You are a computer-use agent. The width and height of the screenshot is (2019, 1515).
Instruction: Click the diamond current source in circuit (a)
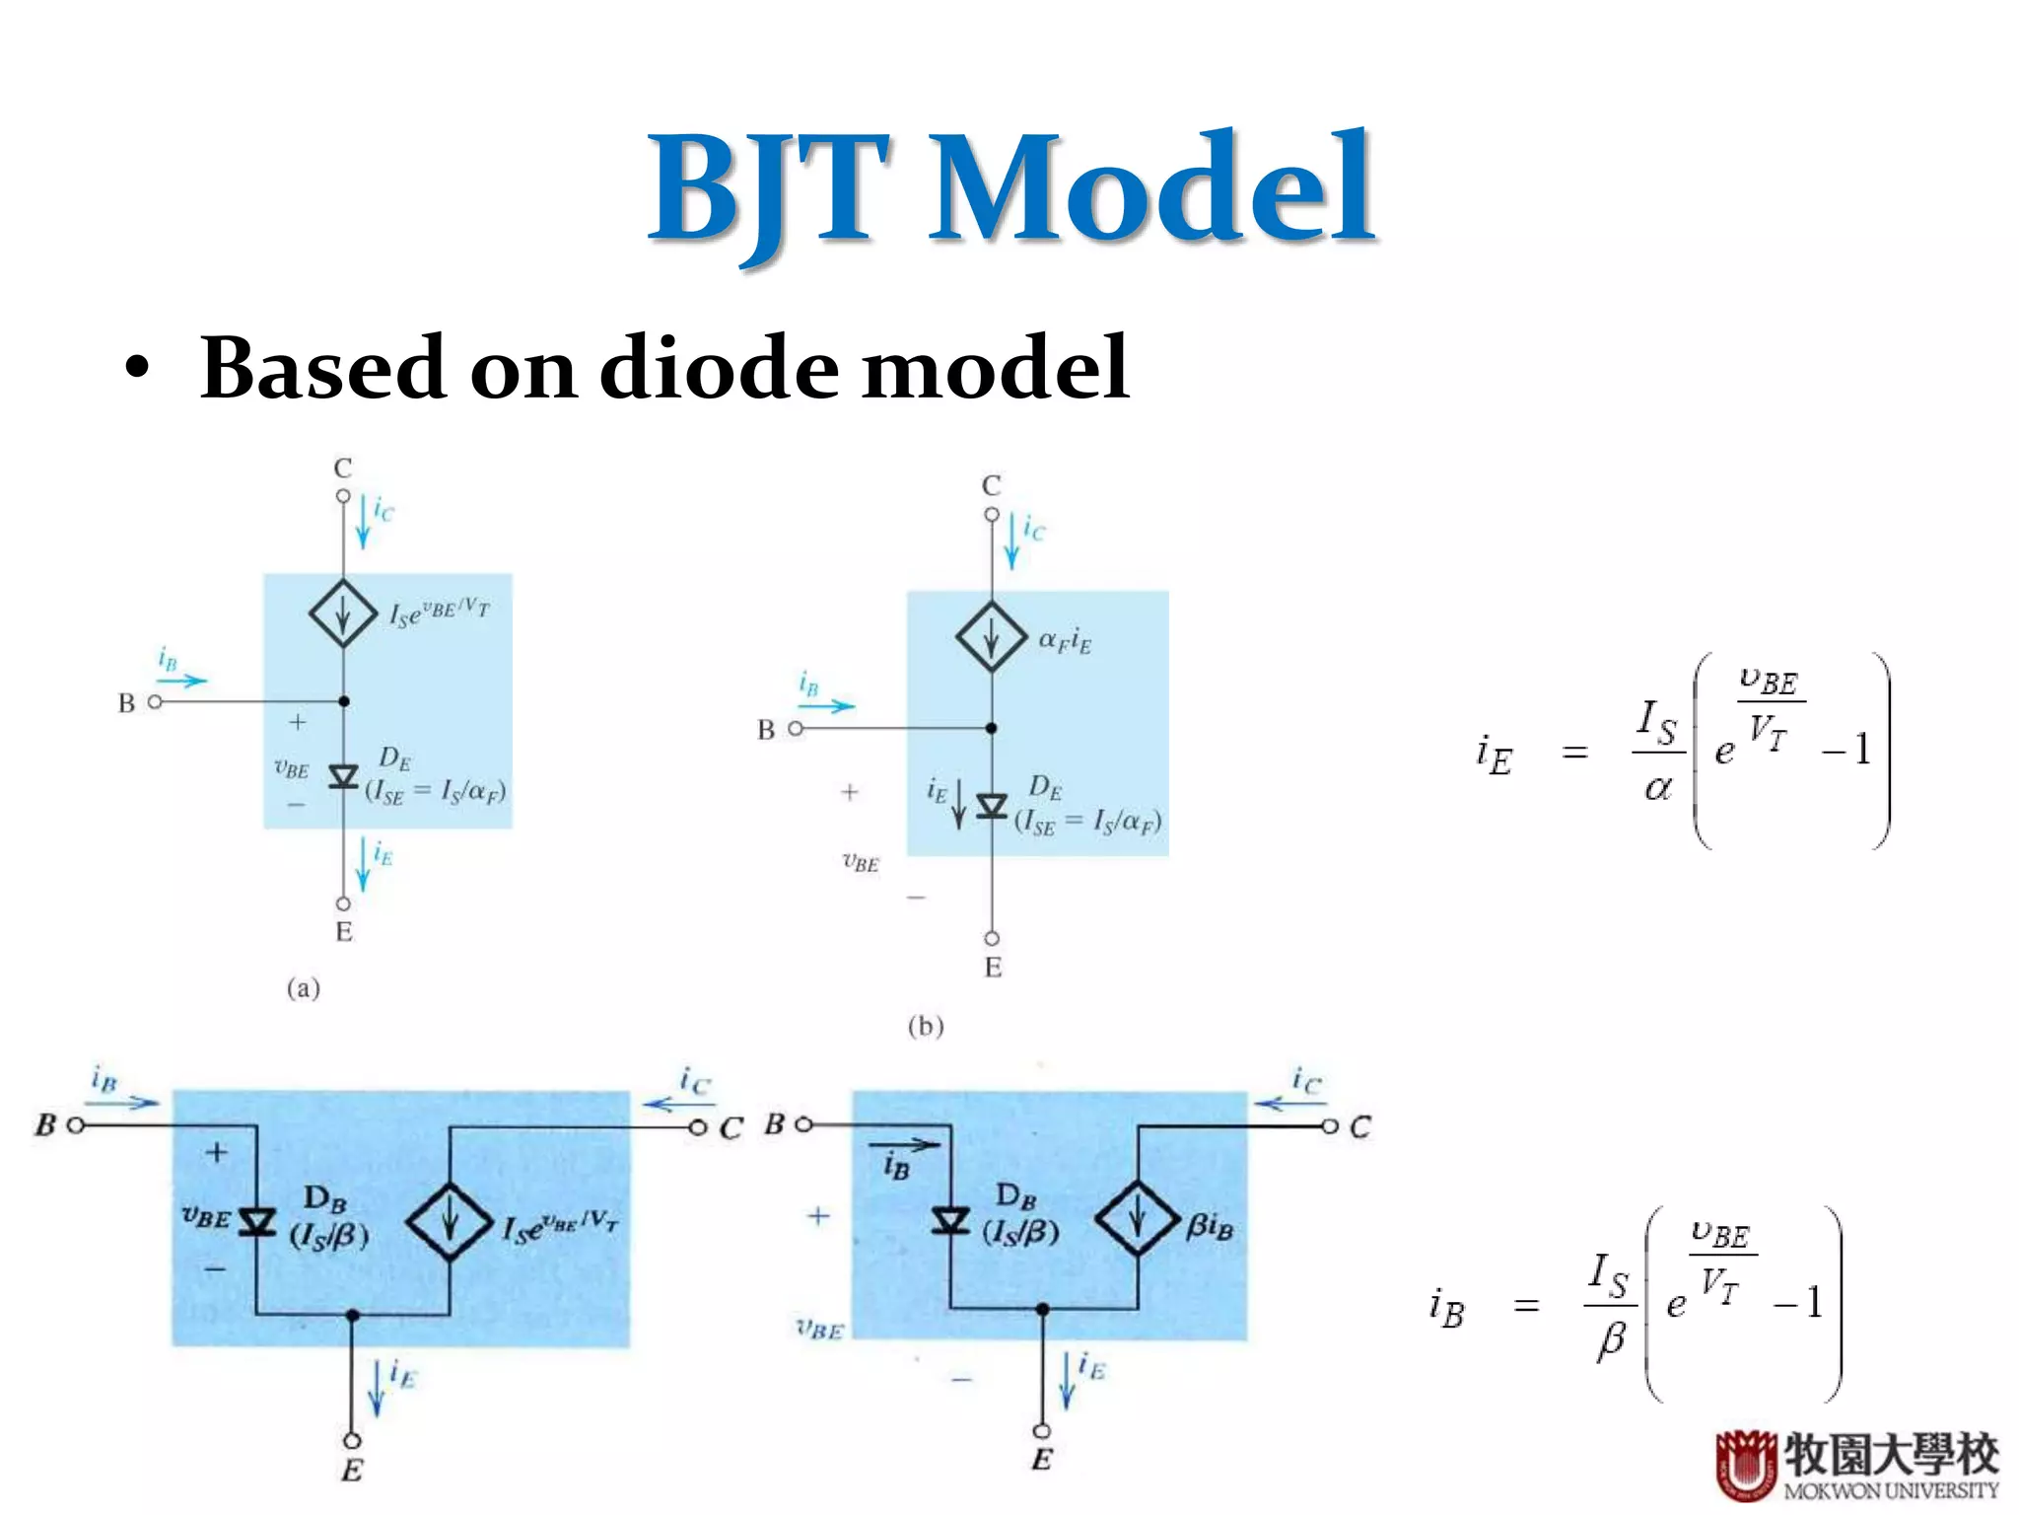[x=343, y=613]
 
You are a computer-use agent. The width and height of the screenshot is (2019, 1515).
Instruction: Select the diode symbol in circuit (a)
[x=343, y=777]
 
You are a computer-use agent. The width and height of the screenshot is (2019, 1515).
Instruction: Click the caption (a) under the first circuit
[x=304, y=988]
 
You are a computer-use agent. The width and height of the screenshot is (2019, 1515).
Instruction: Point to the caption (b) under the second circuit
[x=925, y=1027]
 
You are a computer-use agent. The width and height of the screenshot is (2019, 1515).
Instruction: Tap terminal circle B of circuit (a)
[x=155, y=702]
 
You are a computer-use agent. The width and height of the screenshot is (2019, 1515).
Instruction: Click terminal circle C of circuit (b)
[x=992, y=515]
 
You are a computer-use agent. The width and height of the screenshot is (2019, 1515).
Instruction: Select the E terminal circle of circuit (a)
[x=343, y=903]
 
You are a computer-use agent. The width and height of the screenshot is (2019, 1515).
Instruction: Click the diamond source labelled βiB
[x=1138, y=1219]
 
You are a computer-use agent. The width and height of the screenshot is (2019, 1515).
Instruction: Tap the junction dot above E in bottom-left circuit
[x=352, y=1315]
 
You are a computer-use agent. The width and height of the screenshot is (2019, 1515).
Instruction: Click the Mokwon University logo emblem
[x=1746, y=1464]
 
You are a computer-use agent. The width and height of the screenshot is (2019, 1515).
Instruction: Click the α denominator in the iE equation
[x=1658, y=787]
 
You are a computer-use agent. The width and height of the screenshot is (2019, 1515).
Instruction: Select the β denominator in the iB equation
[x=1611, y=1339]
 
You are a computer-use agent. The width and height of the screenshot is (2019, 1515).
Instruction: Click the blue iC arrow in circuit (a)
[x=363, y=522]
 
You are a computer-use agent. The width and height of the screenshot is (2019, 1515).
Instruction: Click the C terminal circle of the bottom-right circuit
[x=1330, y=1126]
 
